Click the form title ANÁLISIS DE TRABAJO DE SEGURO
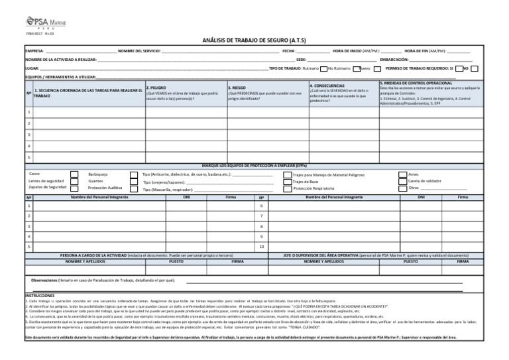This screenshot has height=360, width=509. point(254,40)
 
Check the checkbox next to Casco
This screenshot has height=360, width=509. point(74,174)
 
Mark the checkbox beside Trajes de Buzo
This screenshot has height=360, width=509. point(288,181)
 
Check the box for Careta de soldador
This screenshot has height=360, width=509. point(402,181)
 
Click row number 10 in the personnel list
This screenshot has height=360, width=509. point(261,247)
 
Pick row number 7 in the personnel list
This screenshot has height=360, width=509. point(261,215)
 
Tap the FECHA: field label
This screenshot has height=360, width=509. point(288,51)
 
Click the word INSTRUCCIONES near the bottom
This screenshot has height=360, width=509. point(40,295)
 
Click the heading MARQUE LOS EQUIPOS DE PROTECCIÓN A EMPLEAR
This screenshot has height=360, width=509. point(254,165)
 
